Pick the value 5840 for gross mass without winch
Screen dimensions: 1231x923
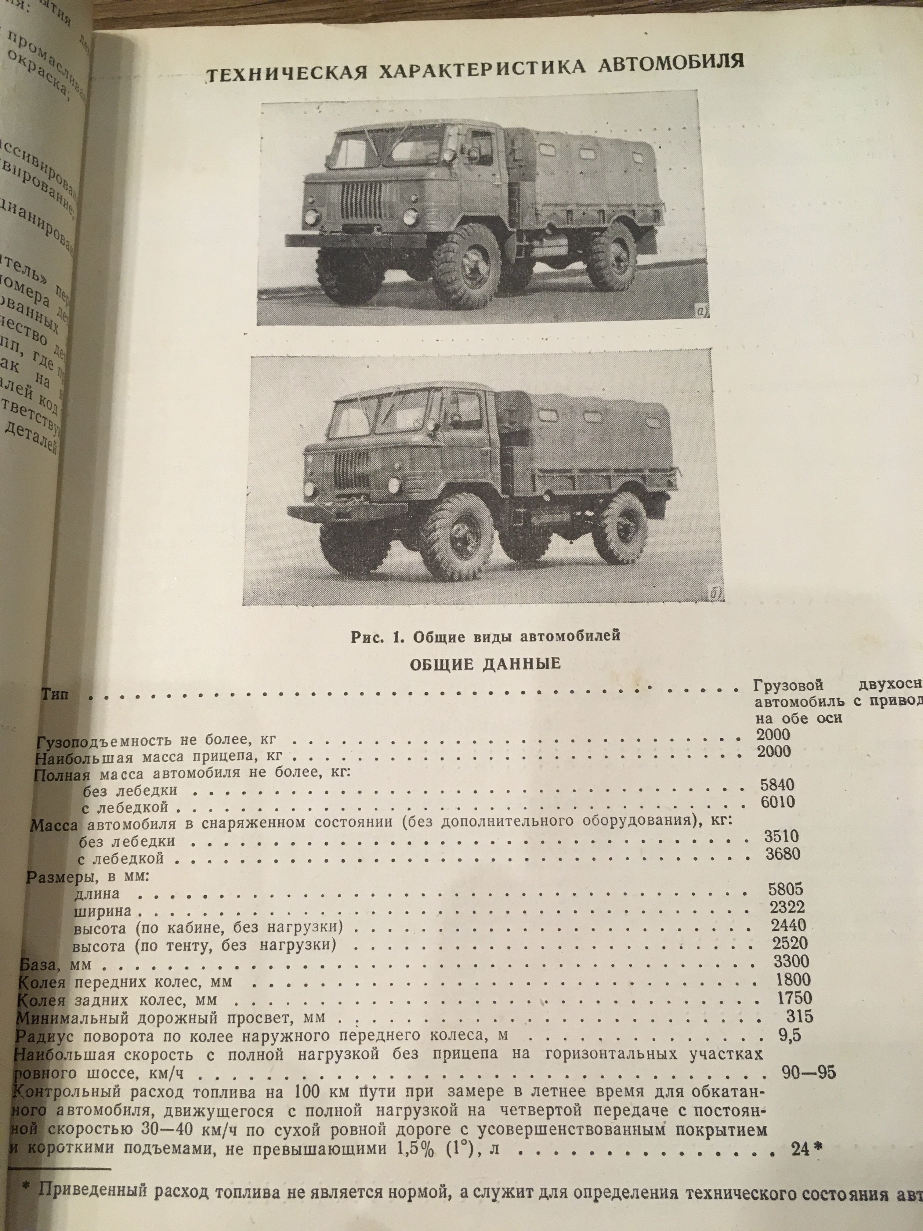[777, 785]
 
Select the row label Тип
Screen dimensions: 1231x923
[55, 694]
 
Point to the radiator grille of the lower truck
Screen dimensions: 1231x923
[350, 470]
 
